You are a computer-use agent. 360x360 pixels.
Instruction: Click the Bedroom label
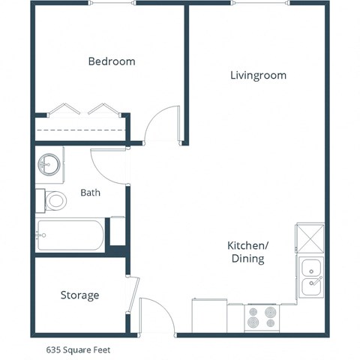click(x=112, y=61)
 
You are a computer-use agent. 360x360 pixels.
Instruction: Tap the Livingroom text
click(x=257, y=76)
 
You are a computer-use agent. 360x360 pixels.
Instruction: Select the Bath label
click(x=90, y=193)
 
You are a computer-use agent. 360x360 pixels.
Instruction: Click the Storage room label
click(x=79, y=295)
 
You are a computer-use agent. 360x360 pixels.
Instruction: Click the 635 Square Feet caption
click(x=82, y=349)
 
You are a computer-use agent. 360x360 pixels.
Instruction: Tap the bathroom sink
click(x=49, y=163)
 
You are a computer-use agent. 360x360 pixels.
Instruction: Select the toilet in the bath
click(x=52, y=200)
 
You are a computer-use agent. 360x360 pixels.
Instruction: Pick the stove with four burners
click(x=262, y=317)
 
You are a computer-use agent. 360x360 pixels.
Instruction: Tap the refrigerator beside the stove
click(x=209, y=315)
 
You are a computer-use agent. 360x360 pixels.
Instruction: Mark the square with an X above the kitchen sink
click(x=310, y=238)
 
